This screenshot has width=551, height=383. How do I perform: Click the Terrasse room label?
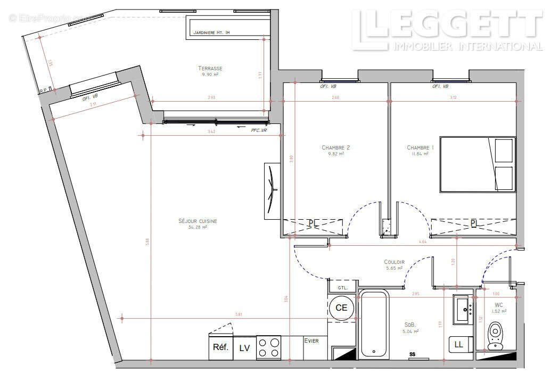(210, 68)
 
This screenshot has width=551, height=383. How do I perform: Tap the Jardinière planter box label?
(211, 32)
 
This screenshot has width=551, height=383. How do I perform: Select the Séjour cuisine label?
(198, 221)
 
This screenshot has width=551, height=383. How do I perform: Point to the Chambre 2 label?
(335, 147)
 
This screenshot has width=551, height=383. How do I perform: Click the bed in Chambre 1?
(477, 164)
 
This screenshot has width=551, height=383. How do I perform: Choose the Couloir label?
(394, 262)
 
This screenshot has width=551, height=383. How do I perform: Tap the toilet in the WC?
(495, 336)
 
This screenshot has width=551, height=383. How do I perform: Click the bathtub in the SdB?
(375, 324)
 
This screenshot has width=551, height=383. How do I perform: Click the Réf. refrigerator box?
(220, 348)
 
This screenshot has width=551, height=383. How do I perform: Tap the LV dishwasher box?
(244, 348)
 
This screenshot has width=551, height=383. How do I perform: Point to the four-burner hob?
(269, 348)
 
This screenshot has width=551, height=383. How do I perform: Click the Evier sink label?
(311, 340)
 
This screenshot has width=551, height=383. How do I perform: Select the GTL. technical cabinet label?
(342, 288)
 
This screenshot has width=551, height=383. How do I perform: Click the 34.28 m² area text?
(198, 227)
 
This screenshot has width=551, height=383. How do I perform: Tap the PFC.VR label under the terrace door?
(258, 130)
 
